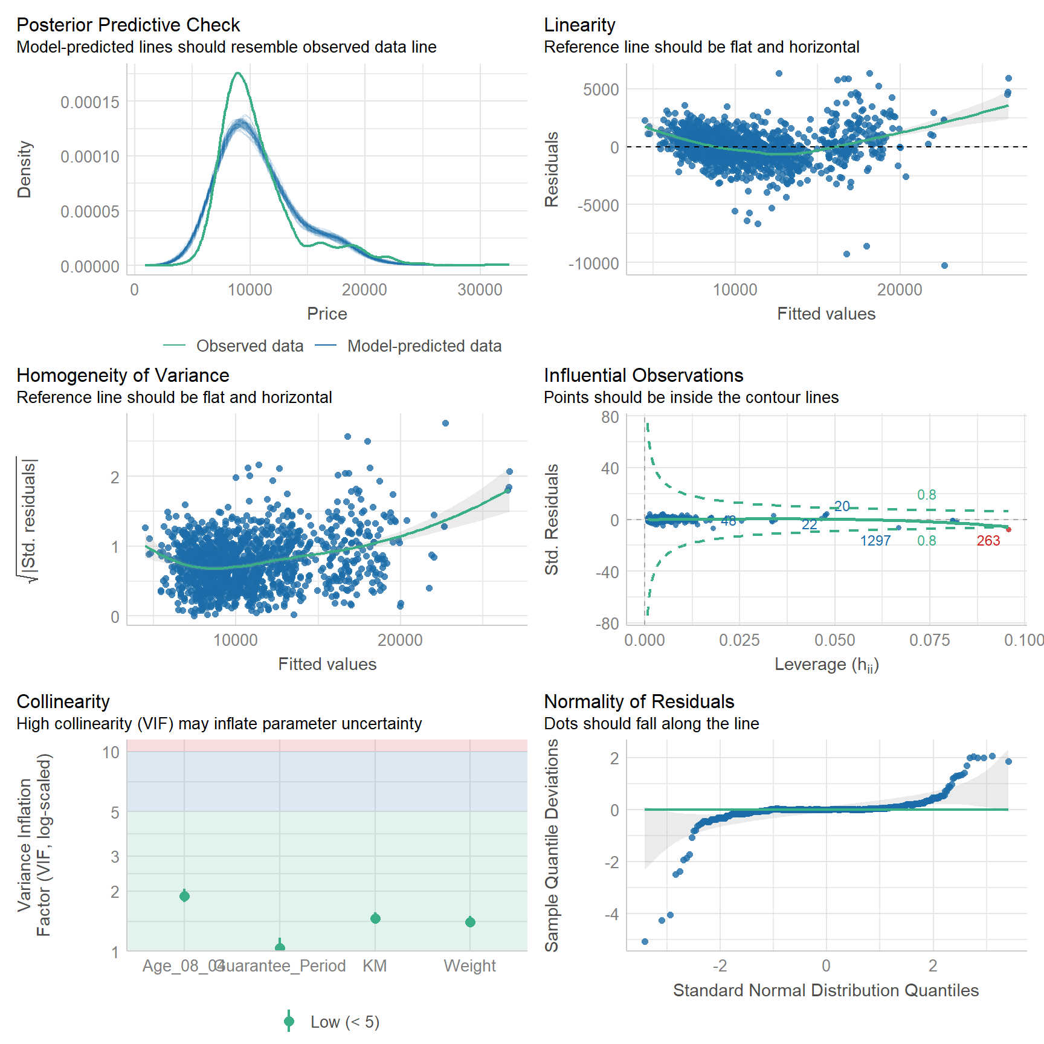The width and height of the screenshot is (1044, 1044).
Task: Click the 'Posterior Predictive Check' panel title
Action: tap(128, 25)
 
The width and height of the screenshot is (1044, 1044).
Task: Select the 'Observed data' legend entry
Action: tap(250, 346)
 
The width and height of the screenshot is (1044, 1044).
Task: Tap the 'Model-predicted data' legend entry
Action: tap(424, 346)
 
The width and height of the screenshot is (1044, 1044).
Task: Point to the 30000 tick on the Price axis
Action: tap(480, 289)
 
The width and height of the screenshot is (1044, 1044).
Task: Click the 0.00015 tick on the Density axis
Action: tap(90, 102)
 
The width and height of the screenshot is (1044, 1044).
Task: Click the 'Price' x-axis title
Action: tap(327, 314)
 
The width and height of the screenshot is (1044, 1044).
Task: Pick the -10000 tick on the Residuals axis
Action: tap(594, 263)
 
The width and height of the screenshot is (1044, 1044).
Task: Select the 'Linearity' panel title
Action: tap(579, 25)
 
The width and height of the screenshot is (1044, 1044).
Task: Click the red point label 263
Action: tap(988, 541)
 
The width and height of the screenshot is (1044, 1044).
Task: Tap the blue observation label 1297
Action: tap(875, 541)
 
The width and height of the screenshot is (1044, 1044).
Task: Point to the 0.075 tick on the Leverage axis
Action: tap(930, 640)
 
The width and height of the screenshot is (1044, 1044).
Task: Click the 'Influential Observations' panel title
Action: tap(643, 375)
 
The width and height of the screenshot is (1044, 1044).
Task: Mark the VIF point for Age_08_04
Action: tap(185, 896)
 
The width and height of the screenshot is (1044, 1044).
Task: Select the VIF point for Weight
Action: tap(470, 922)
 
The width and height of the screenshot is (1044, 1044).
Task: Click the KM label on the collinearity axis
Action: tap(375, 965)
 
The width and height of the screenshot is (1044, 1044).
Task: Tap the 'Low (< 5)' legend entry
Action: tap(344, 1022)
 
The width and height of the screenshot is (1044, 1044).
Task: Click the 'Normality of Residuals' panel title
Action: tap(639, 701)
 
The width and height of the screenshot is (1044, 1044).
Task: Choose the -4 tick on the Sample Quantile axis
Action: tap(612, 914)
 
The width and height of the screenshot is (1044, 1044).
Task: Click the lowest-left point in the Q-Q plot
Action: tap(645, 941)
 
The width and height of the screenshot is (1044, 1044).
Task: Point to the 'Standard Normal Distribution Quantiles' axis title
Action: tap(826, 990)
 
